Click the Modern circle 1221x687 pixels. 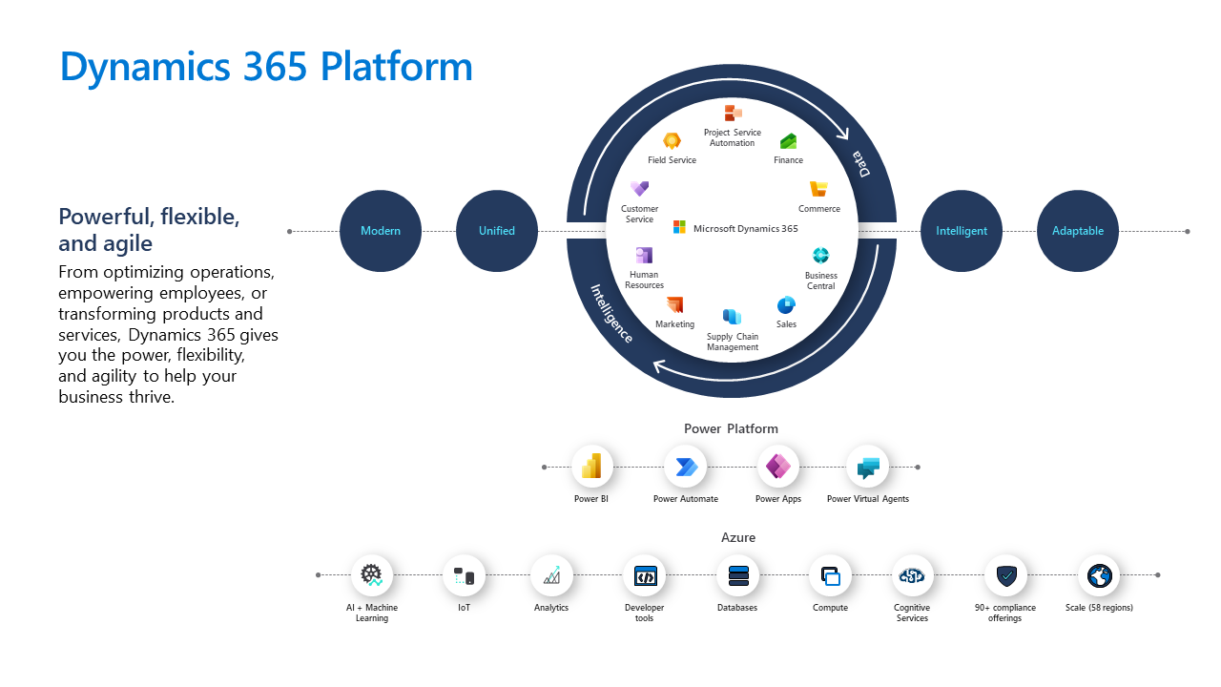click(x=381, y=231)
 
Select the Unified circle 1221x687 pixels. click(x=497, y=231)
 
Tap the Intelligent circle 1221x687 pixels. click(x=962, y=231)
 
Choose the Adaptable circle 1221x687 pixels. click(x=1078, y=231)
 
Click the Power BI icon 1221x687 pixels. click(x=591, y=467)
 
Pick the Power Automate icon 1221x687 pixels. click(x=686, y=467)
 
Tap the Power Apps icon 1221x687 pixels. click(x=778, y=467)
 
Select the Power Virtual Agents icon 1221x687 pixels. click(x=867, y=467)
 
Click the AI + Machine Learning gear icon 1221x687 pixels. click(x=371, y=575)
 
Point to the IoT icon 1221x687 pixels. click(x=464, y=575)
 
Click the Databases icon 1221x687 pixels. click(x=738, y=575)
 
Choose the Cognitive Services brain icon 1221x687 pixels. click(x=912, y=575)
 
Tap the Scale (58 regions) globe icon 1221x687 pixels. click(x=1099, y=575)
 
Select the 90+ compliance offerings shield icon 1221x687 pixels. click(x=1005, y=575)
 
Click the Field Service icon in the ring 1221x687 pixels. click(x=673, y=141)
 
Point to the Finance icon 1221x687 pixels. click(x=788, y=141)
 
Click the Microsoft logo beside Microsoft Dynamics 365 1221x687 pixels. click(x=679, y=227)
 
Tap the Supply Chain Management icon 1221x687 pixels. click(x=732, y=316)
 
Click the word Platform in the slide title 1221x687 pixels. click(x=396, y=67)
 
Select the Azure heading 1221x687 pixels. click(x=738, y=538)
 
